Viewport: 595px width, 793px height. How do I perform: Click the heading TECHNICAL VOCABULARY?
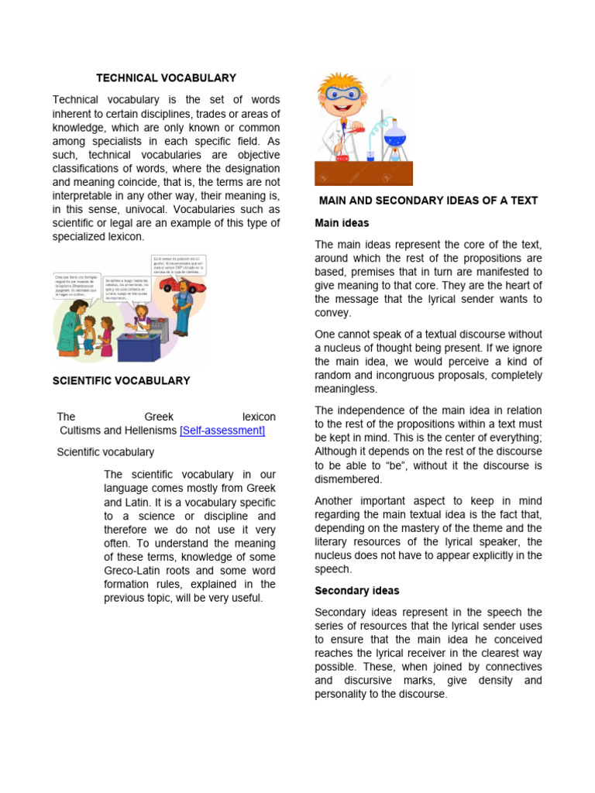(166, 78)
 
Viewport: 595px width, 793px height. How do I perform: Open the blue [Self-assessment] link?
(222, 431)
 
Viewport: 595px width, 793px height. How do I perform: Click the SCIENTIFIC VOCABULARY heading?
(121, 381)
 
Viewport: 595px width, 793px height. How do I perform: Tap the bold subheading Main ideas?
(342, 223)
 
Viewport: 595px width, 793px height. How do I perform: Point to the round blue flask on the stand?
(395, 137)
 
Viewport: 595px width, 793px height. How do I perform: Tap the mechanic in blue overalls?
(181, 306)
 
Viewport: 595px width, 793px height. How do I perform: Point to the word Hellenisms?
(147, 431)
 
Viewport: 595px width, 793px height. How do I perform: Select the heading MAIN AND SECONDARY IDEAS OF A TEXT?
(428, 201)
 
